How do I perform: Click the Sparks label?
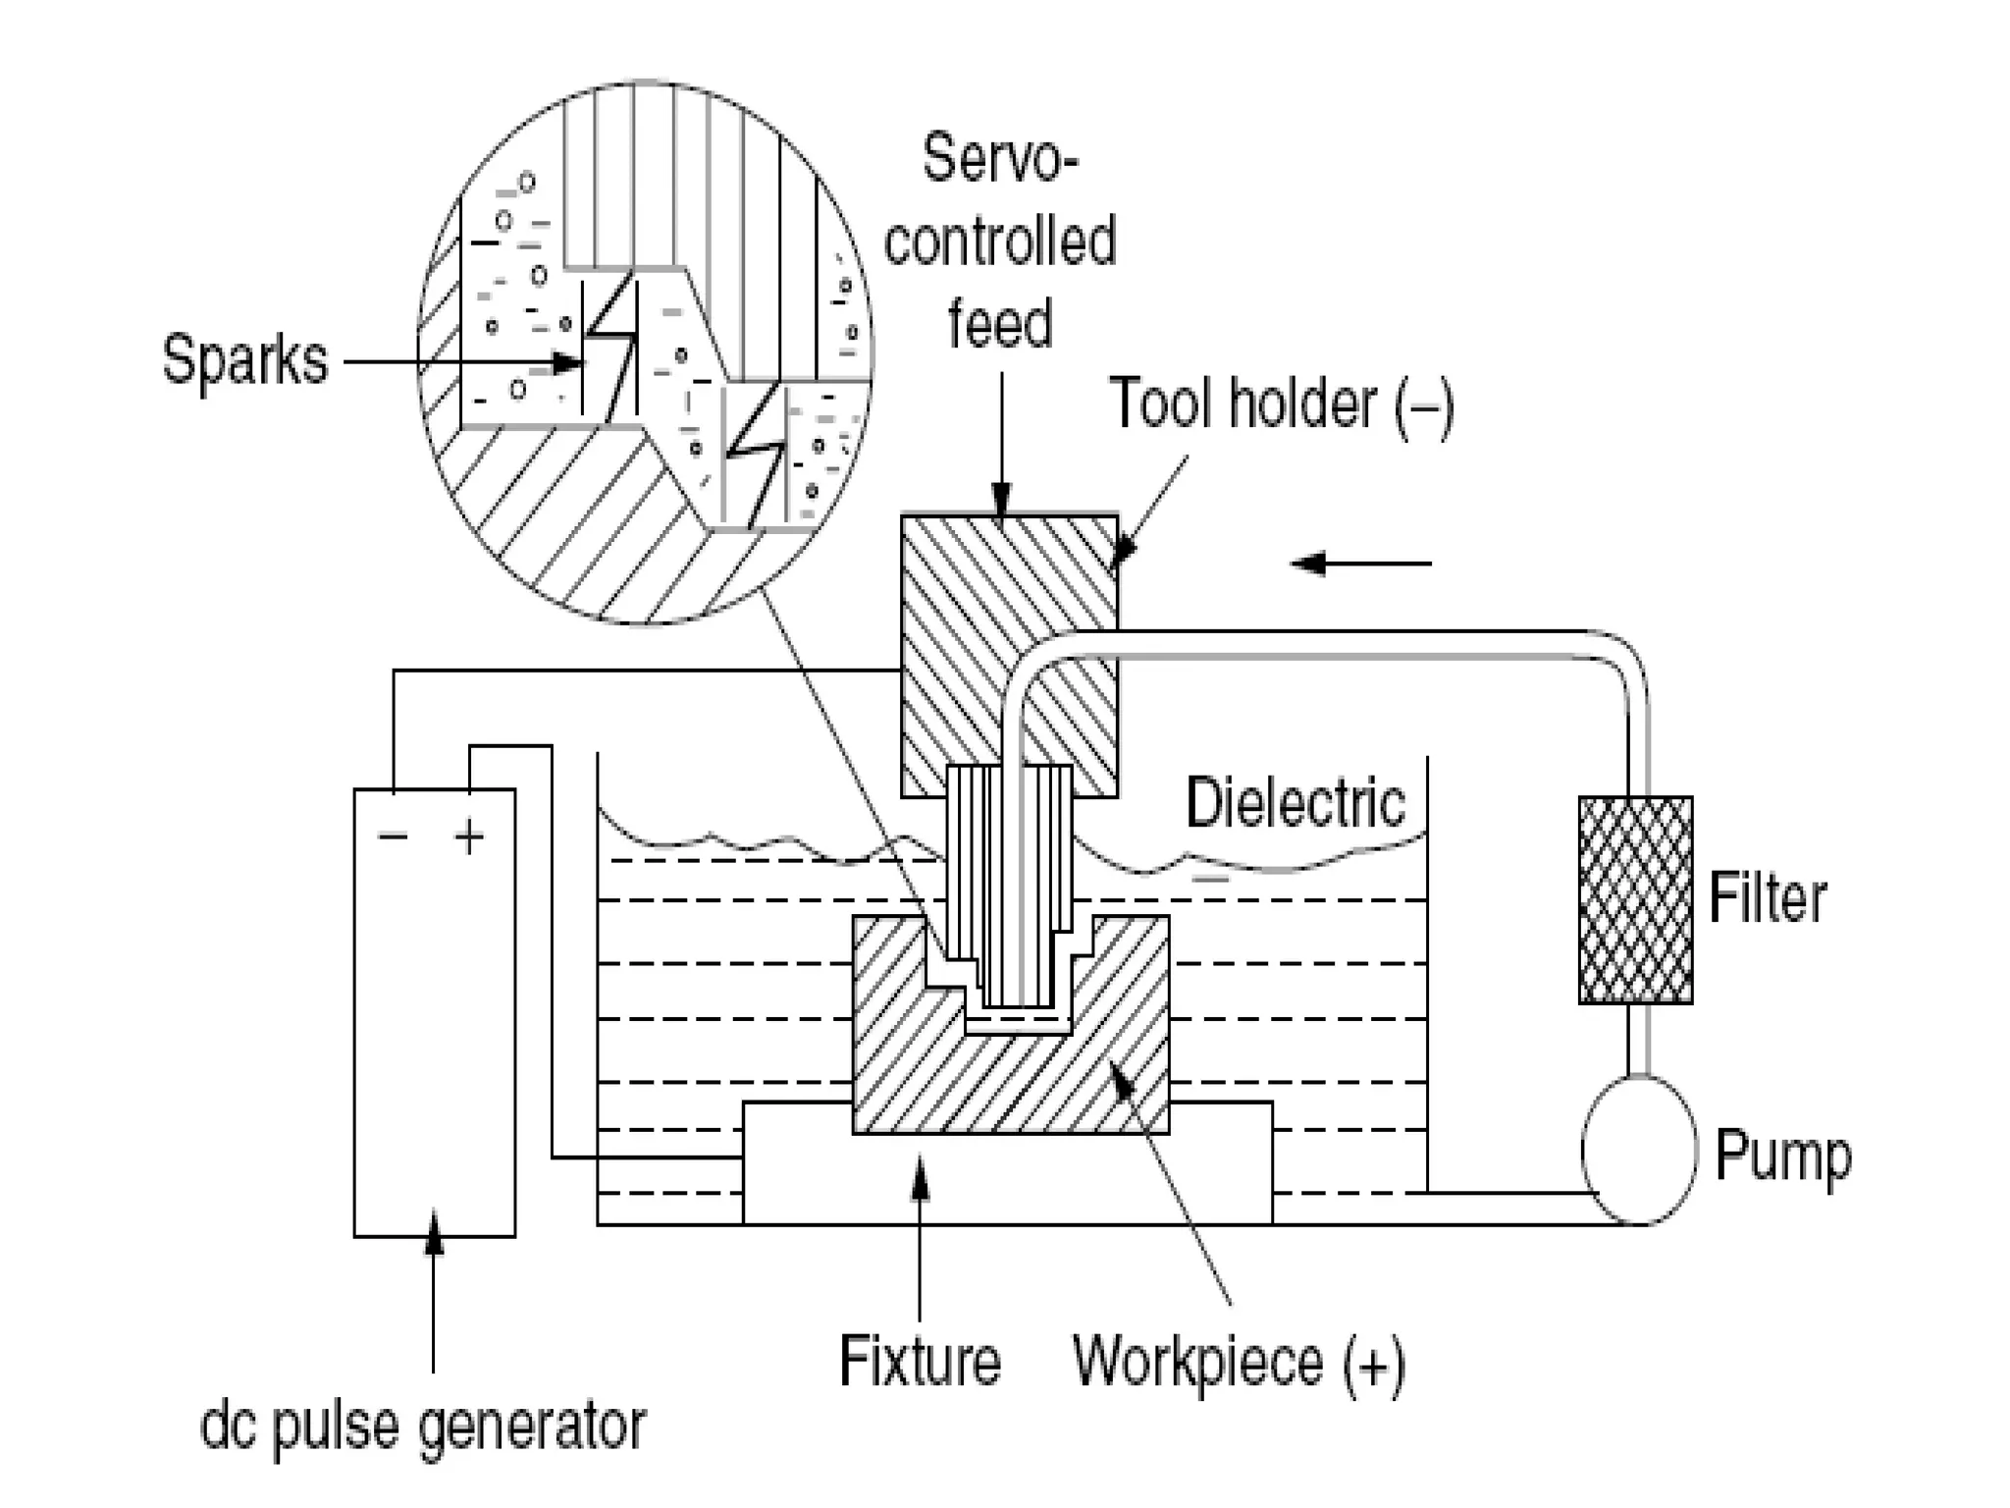point(244,360)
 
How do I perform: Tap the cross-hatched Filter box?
point(1635,899)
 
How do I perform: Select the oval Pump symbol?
point(1638,1150)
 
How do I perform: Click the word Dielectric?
point(1296,803)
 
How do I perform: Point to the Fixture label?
point(920,1361)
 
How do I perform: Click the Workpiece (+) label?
point(1239,1363)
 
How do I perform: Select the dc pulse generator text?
point(423,1427)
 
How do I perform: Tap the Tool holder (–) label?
point(1281,404)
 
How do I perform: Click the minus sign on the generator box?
point(393,836)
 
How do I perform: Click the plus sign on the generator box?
point(469,837)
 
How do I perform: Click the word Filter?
point(1767,897)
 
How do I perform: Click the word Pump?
point(1782,1156)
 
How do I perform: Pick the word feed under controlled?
point(999,323)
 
